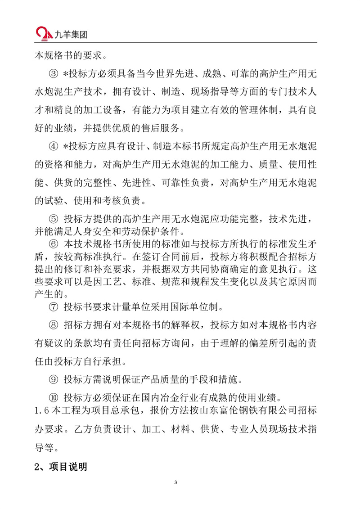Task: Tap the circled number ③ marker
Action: click(53, 74)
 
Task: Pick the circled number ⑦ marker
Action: click(53, 308)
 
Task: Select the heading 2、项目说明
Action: click(60, 467)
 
